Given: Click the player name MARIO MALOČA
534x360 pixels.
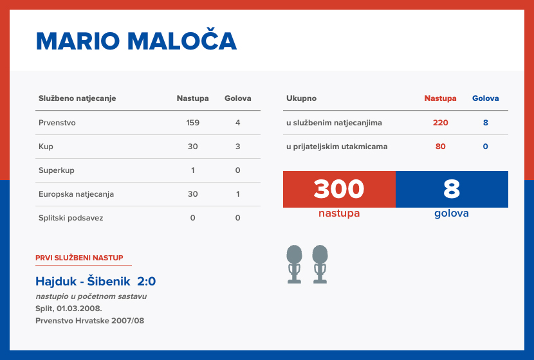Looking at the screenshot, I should point(136,41).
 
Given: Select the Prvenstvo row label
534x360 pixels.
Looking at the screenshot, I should point(57,123).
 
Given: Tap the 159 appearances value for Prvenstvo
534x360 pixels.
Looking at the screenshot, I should point(192,123).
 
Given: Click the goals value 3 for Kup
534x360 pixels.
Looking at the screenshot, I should point(237,147).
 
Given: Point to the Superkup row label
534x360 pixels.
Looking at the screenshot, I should point(56,170).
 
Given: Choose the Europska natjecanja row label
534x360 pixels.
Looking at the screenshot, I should point(76,194).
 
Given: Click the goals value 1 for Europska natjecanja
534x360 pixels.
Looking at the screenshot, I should point(237,194).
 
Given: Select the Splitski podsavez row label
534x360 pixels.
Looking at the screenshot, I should point(71,218).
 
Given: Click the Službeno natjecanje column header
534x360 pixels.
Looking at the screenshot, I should point(77,98).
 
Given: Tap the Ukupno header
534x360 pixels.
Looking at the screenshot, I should point(301,98).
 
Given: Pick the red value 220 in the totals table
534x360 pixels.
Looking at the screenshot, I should point(440,123).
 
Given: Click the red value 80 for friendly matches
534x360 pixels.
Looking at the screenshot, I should point(440,147).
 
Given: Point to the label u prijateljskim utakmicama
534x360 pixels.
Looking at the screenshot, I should point(336,147).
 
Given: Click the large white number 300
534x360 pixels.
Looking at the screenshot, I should point(339,189).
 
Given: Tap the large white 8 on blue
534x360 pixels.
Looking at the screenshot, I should point(452,189).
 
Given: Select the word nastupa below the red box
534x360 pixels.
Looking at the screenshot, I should point(339,213).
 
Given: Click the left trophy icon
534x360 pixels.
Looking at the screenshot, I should point(295,264).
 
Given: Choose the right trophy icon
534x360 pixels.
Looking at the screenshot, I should point(320,264).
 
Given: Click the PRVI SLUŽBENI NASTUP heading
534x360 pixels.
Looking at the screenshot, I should point(79,258).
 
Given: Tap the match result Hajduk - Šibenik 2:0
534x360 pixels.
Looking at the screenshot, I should point(95,282).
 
